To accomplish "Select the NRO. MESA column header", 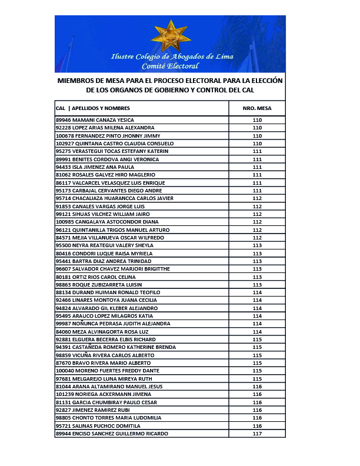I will click(x=256, y=108).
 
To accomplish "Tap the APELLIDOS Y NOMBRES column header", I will click(x=101, y=108).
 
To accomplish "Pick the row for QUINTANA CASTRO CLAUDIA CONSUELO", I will click(x=115, y=144).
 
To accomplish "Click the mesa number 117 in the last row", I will click(x=257, y=434).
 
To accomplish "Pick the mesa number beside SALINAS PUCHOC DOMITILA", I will click(x=257, y=425).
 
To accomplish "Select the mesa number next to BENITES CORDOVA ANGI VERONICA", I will click(x=257, y=159).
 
